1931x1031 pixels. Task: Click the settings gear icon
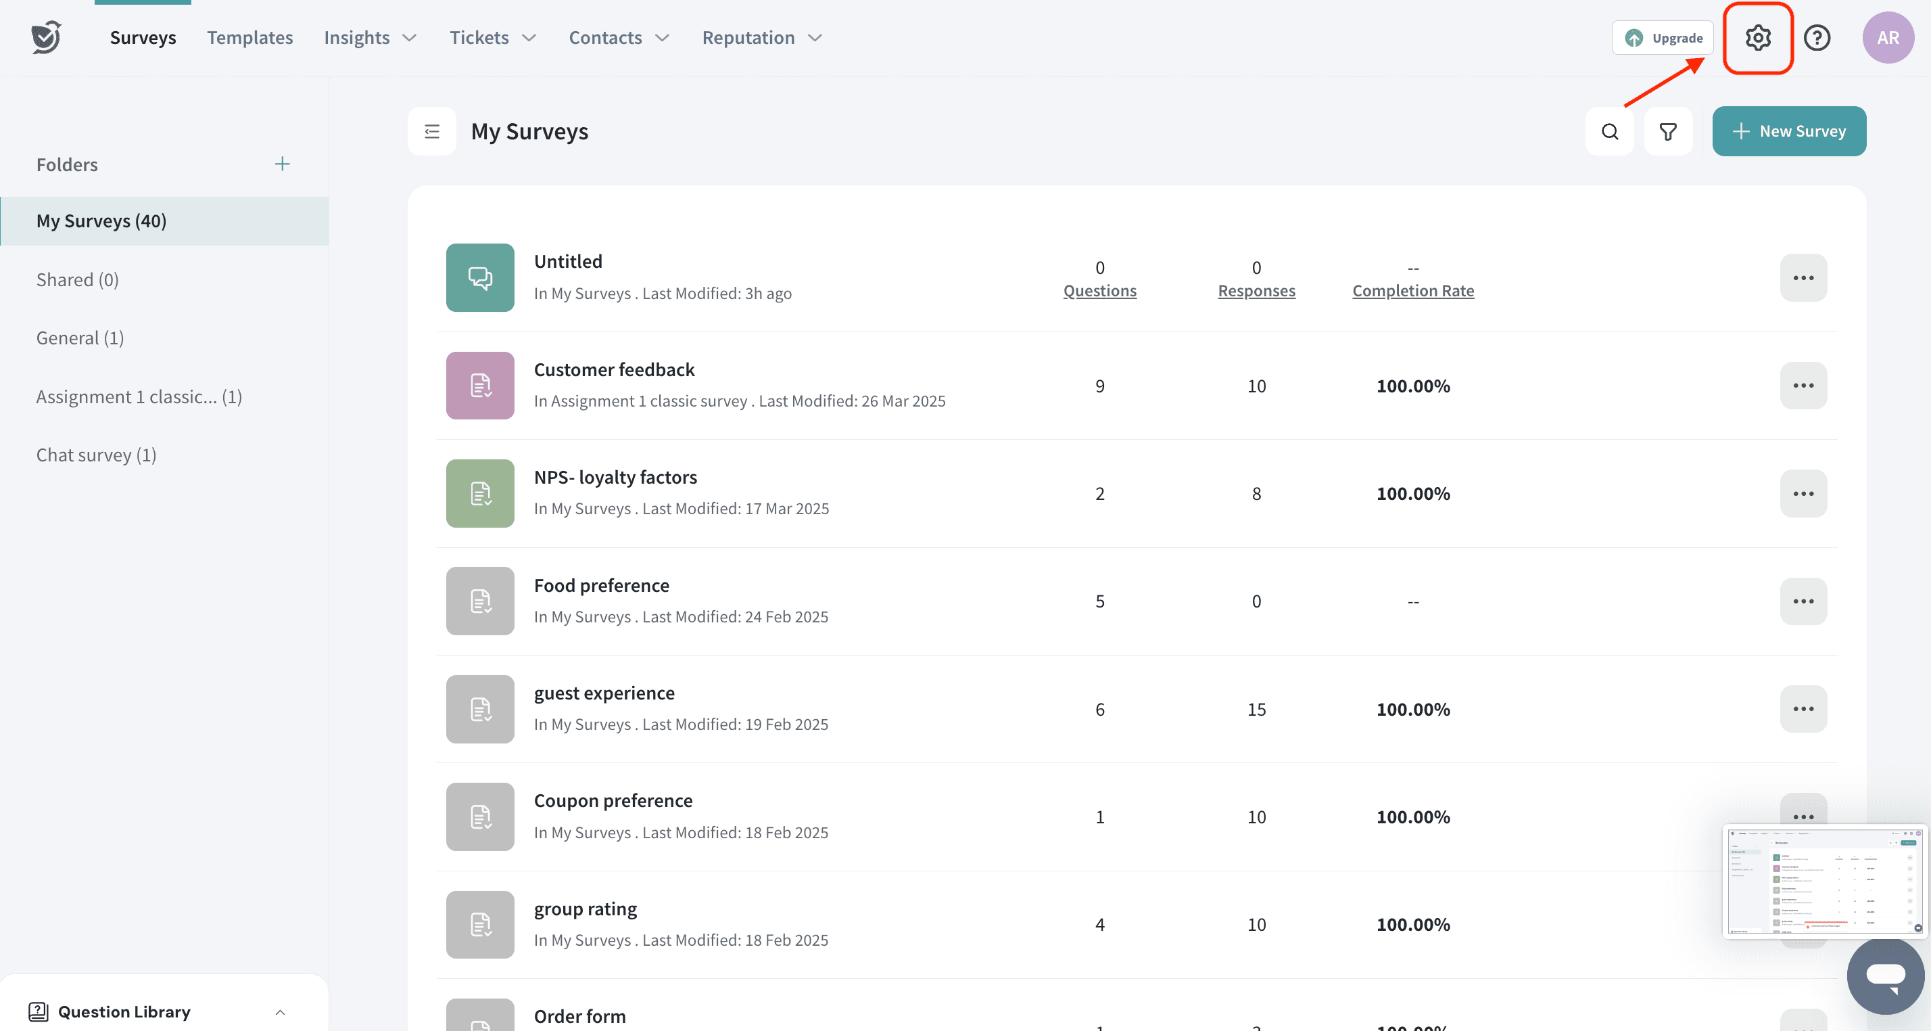(1758, 37)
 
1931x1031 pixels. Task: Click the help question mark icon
(1817, 37)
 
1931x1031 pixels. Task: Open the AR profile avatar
(1888, 37)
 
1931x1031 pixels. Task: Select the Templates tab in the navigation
(249, 37)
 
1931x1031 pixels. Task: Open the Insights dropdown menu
(370, 37)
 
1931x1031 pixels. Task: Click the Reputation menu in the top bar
(761, 37)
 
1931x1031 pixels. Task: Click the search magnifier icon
(1609, 132)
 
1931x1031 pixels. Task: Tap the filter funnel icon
(1668, 132)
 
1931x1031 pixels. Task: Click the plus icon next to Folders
(282, 164)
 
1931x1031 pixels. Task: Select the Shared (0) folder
(77, 279)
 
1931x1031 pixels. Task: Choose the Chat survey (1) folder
(96, 455)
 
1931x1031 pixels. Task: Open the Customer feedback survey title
(614, 369)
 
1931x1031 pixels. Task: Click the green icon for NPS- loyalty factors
(480, 493)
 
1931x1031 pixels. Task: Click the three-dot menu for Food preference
(1803, 601)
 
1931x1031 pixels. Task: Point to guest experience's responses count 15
(1256, 710)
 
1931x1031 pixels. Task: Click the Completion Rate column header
(1413, 291)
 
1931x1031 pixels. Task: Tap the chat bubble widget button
(1885, 976)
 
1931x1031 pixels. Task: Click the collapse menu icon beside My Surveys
(432, 132)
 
